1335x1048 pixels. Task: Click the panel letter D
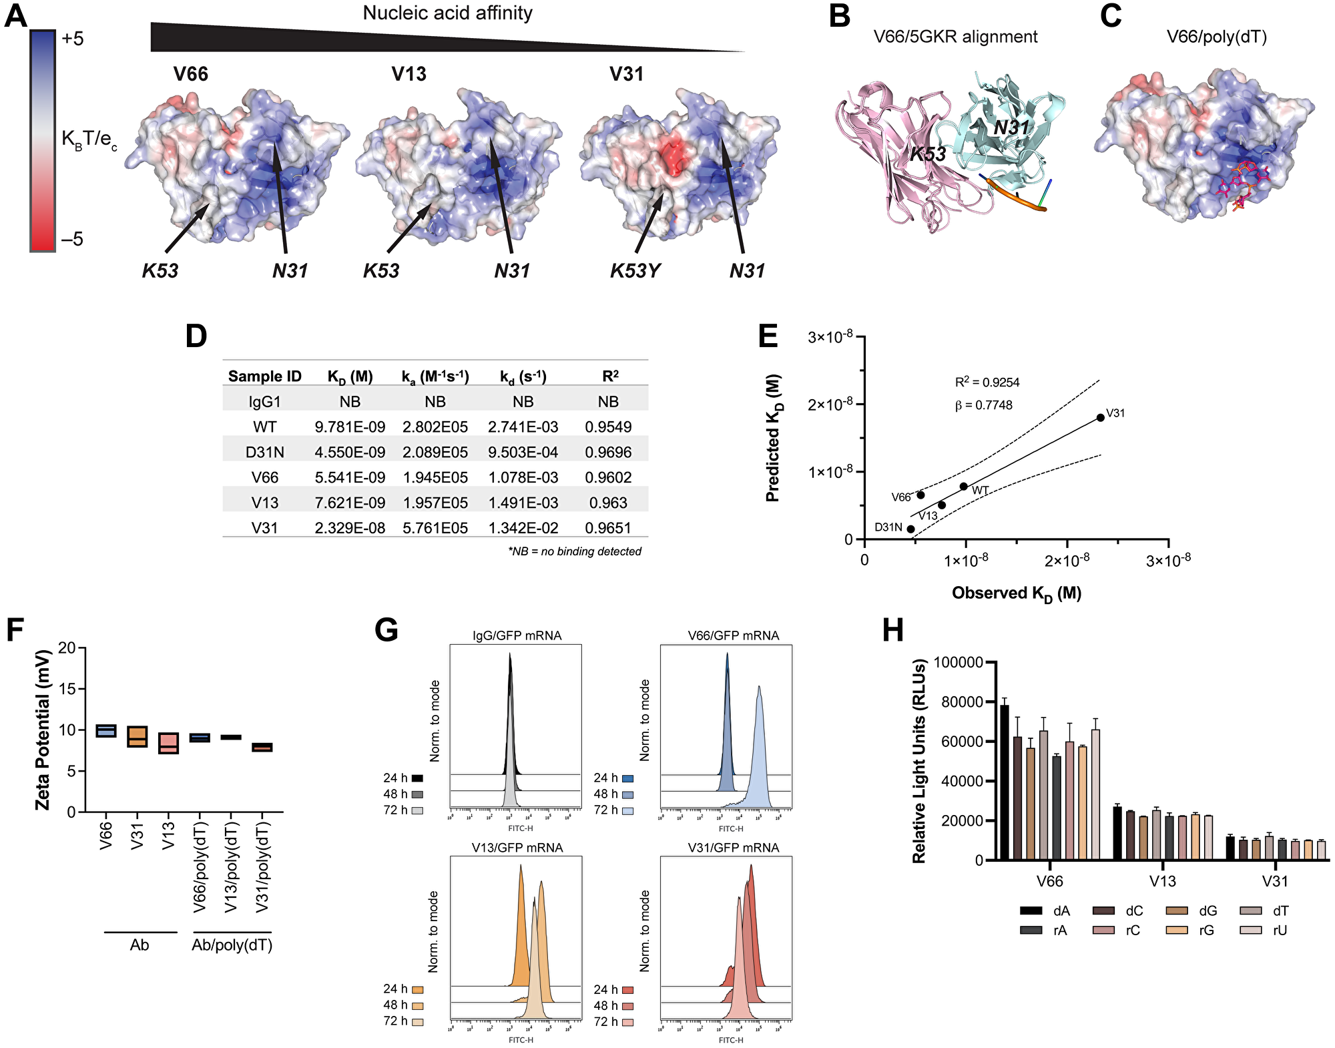coord(196,336)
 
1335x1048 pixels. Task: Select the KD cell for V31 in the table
coord(350,528)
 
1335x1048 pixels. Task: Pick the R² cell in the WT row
coord(608,427)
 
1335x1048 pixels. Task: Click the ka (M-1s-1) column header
coord(435,376)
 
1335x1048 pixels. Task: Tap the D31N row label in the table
coord(264,452)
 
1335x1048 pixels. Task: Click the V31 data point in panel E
coord(1100,417)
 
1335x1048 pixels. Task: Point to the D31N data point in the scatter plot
coord(910,529)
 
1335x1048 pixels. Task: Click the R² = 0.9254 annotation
coord(987,382)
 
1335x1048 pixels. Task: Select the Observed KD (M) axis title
coord(1016,593)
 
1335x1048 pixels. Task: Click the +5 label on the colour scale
coord(72,39)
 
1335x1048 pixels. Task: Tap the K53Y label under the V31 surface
coord(635,271)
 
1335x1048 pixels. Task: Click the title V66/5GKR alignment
coord(955,37)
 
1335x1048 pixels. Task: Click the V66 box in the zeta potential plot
coord(106,731)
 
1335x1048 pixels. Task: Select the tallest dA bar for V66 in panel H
coord(1004,781)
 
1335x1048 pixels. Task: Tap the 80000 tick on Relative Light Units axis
coord(959,702)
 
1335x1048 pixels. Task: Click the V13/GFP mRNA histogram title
coord(517,848)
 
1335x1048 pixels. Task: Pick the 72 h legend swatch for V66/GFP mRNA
coord(627,810)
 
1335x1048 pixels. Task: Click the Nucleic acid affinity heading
coord(447,13)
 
